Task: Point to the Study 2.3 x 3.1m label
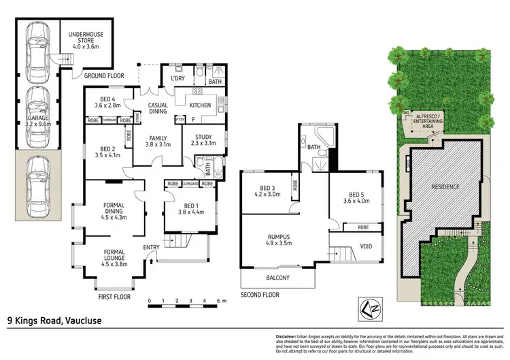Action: pyautogui.click(x=203, y=141)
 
